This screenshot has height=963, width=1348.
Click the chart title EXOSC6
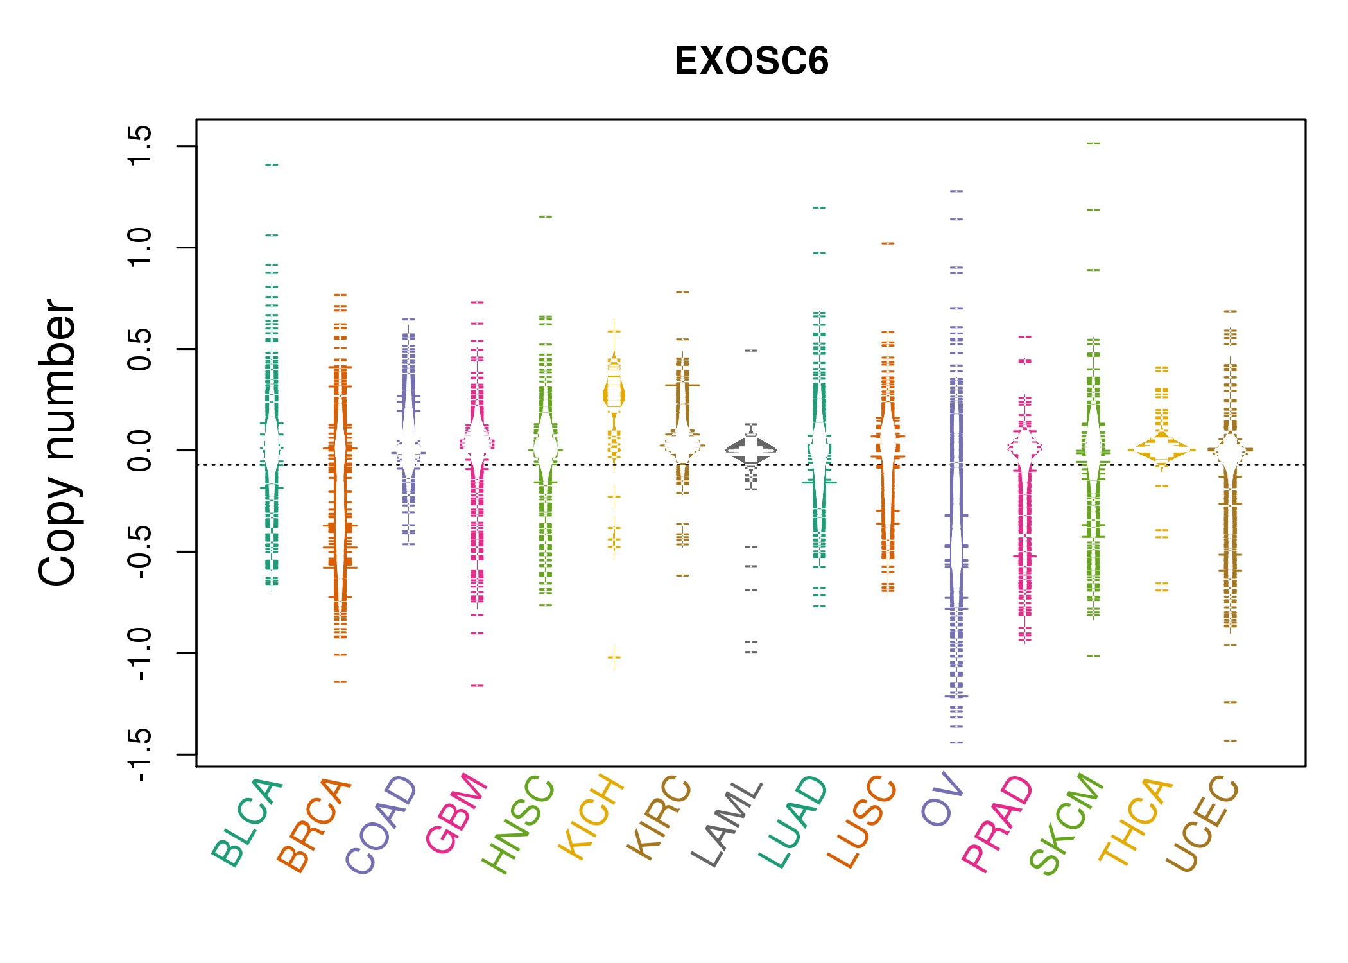[x=751, y=61]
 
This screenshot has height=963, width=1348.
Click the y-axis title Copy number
[x=56, y=442]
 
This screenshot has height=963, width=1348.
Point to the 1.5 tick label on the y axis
[x=139, y=146]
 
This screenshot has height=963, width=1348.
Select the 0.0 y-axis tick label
[x=139, y=450]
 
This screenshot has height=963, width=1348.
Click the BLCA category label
[x=246, y=823]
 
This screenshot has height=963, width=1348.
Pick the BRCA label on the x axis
[x=314, y=825]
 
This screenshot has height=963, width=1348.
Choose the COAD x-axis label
[x=381, y=825]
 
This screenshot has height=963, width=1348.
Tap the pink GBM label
[x=456, y=813]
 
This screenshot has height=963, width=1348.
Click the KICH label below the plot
[x=591, y=817]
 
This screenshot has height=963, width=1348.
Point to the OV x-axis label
[x=942, y=799]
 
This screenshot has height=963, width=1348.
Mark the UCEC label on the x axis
[x=1202, y=824]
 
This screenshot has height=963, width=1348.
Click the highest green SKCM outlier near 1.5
[x=1093, y=143]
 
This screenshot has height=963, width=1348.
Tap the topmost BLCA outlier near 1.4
[x=272, y=165]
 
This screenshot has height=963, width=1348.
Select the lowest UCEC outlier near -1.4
[x=1230, y=741]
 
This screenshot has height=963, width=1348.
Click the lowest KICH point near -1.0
[x=614, y=657]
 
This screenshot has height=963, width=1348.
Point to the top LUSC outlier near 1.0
[x=888, y=243]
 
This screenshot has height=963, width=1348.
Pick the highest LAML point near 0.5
[x=751, y=351]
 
